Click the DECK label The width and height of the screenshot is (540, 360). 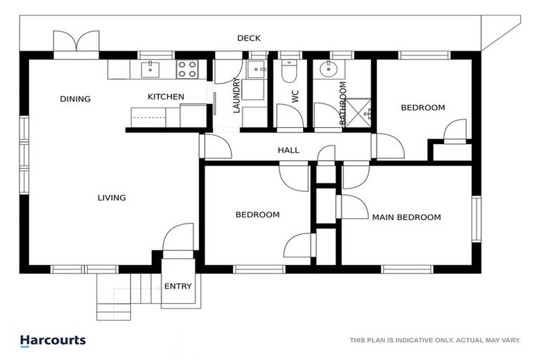click(x=248, y=38)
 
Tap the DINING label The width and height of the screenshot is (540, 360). click(x=75, y=99)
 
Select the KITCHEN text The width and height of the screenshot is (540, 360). click(x=165, y=97)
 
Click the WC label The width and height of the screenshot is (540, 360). click(x=295, y=97)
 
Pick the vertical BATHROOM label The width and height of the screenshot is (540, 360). click(x=343, y=103)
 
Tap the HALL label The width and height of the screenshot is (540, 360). click(x=288, y=150)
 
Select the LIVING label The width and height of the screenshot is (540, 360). click(x=112, y=198)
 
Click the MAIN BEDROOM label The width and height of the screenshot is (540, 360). click(x=406, y=217)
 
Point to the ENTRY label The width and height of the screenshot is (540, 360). click(x=177, y=286)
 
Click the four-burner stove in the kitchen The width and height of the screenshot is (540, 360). click(x=187, y=69)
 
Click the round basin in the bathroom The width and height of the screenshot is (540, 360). click(x=327, y=70)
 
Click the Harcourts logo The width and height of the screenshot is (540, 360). click(x=53, y=340)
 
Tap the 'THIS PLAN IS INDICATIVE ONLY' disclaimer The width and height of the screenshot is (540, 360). click(x=435, y=341)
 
